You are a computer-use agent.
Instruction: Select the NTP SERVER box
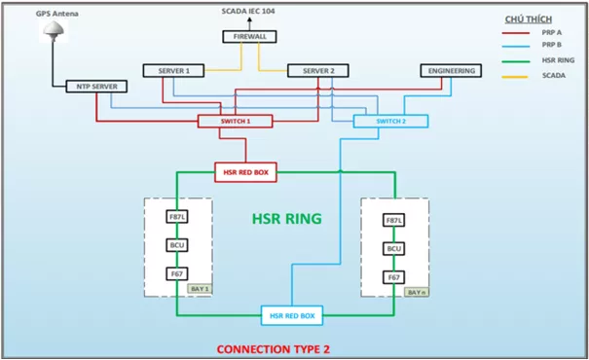point(96,87)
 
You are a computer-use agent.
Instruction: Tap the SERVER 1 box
point(173,71)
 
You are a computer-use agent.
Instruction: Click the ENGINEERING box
point(452,71)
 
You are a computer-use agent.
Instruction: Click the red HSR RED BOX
point(246,172)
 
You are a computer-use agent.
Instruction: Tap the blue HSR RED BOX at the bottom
point(293,315)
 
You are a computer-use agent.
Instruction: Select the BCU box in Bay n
point(393,249)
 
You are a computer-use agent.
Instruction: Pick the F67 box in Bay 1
point(177,274)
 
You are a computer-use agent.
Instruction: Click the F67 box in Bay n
point(393,277)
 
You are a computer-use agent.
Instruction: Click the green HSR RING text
point(286,220)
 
